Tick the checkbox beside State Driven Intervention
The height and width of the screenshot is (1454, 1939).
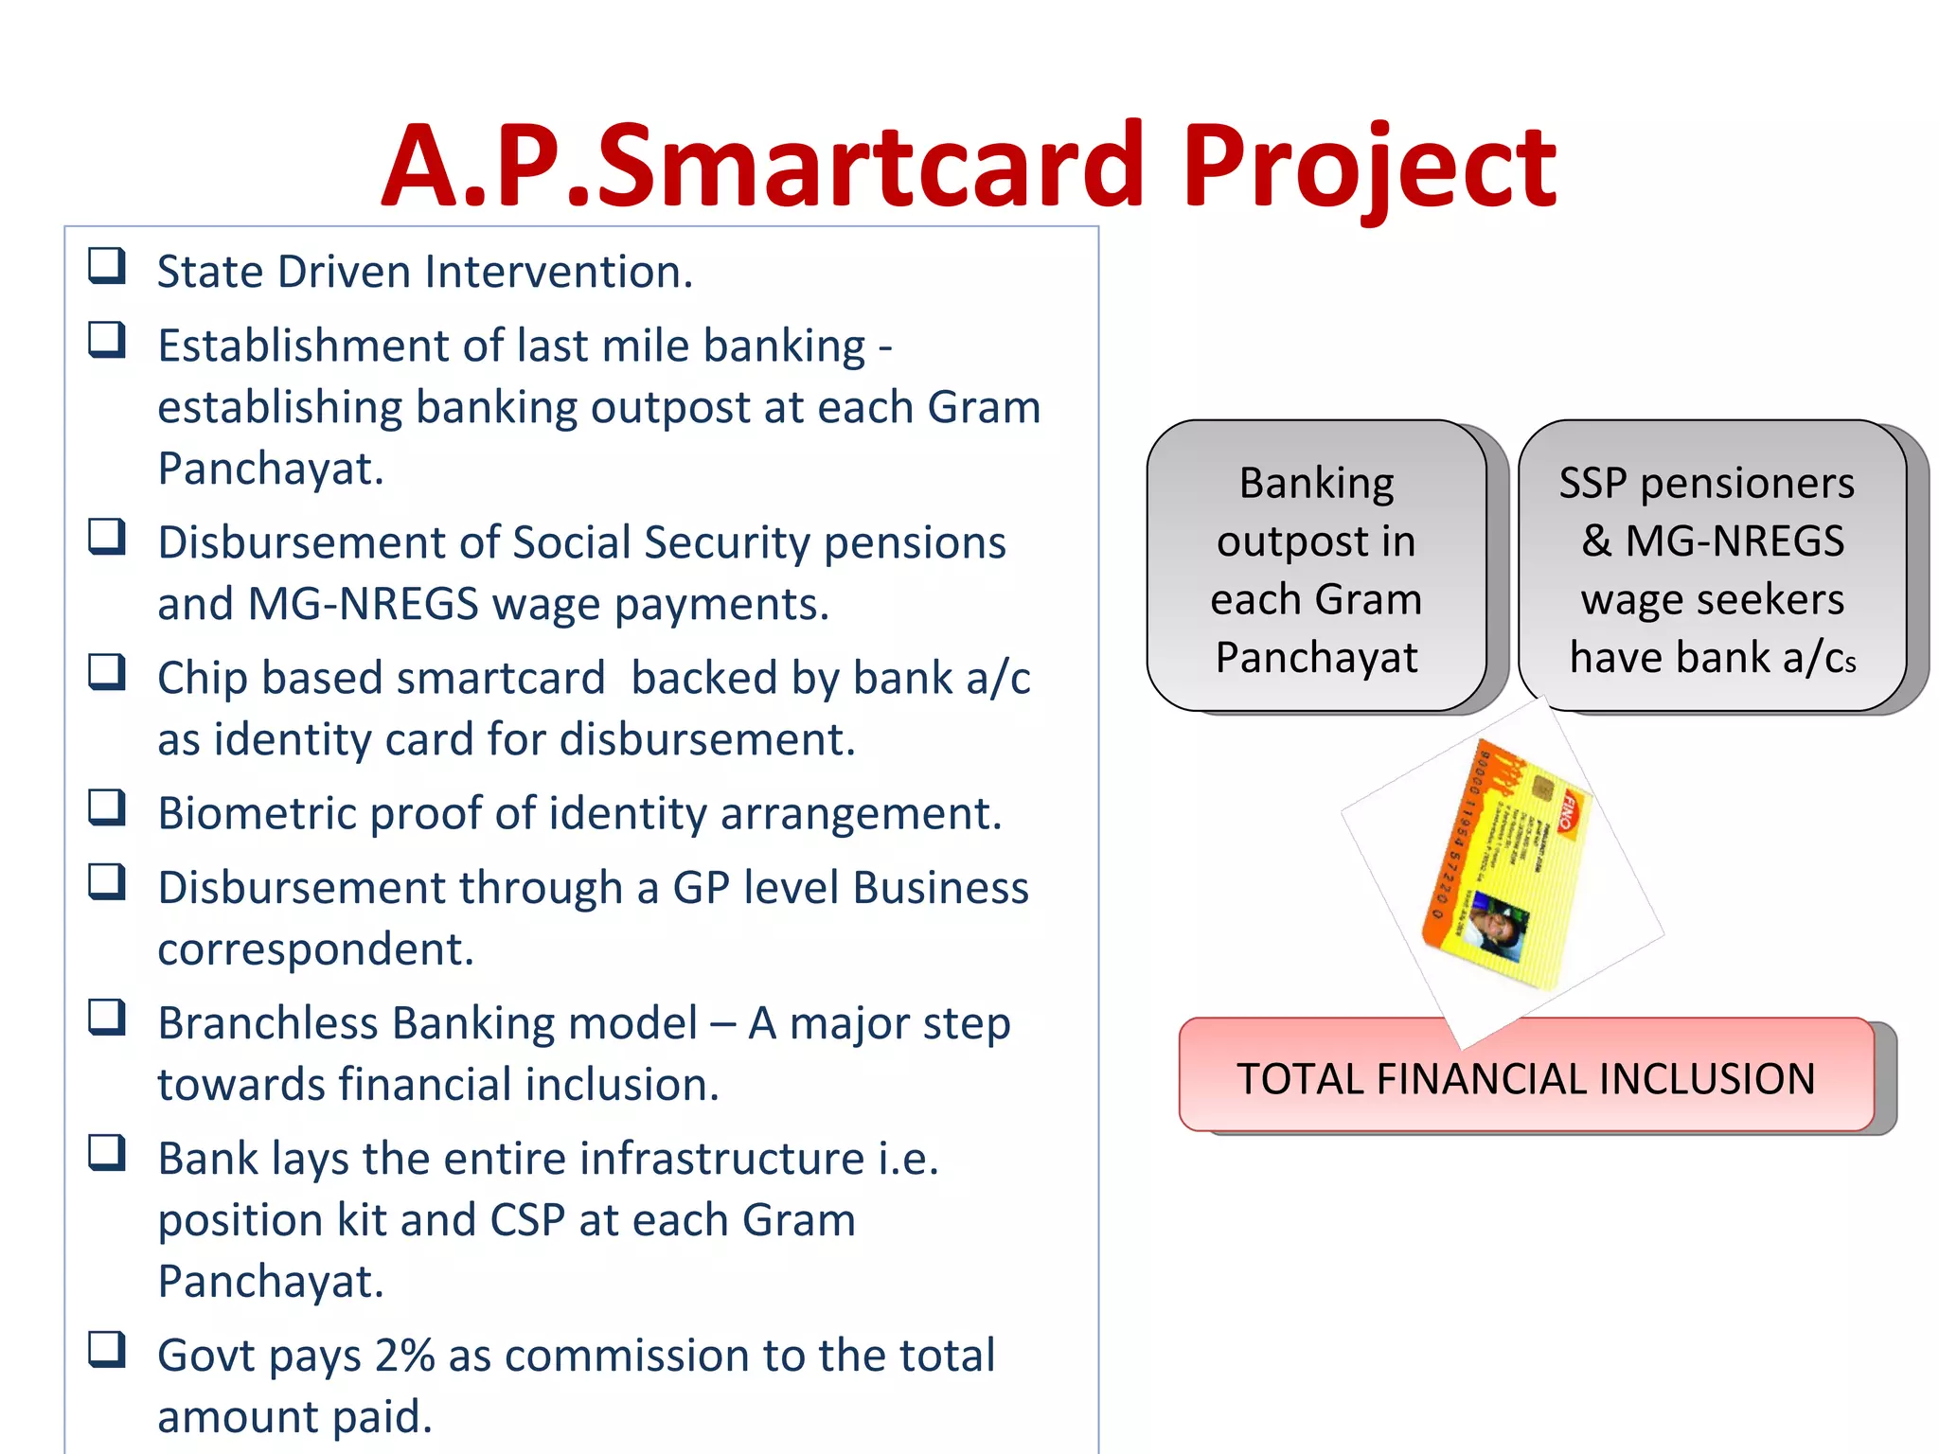click(x=107, y=266)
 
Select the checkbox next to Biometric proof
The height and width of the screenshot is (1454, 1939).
click(x=107, y=807)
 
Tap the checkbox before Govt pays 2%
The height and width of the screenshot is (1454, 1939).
click(x=107, y=1350)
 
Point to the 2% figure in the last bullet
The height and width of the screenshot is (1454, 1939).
click(x=404, y=1355)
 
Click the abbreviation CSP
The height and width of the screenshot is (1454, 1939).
click(x=526, y=1219)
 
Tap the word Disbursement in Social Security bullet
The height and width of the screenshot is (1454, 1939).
click(x=327, y=543)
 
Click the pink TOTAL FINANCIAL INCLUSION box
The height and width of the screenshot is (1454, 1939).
click(x=1526, y=1079)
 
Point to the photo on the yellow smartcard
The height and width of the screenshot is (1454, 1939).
click(x=1497, y=924)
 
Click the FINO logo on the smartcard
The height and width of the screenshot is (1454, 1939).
click(x=1574, y=809)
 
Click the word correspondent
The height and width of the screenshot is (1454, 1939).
click(x=315, y=949)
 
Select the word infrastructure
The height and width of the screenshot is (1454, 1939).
click(x=721, y=1159)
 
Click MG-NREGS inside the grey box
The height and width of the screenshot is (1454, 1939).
click(x=1734, y=541)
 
